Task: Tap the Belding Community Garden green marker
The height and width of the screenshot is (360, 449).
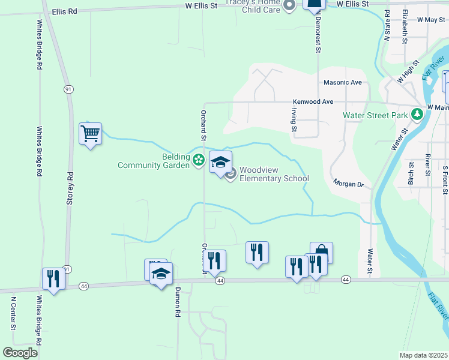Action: point(199,160)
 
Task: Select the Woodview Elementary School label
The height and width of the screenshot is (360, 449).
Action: point(274,174)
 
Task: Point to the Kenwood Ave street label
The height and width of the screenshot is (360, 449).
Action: point(312,102)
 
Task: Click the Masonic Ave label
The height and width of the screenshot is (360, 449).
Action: point(343,82)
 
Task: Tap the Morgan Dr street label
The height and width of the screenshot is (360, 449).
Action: point(349,183)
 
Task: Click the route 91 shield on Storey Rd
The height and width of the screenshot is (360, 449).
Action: point(68,89)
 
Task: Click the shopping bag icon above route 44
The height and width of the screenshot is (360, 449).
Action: point(321,253)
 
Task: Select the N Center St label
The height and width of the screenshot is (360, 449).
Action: point(13,312)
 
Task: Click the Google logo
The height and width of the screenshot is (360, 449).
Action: point(20,353)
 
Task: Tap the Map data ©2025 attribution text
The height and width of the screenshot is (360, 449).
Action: point(423,355)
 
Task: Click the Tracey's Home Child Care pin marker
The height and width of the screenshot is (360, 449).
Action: point(289,7)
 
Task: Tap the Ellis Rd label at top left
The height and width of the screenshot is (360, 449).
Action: point(65,11)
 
